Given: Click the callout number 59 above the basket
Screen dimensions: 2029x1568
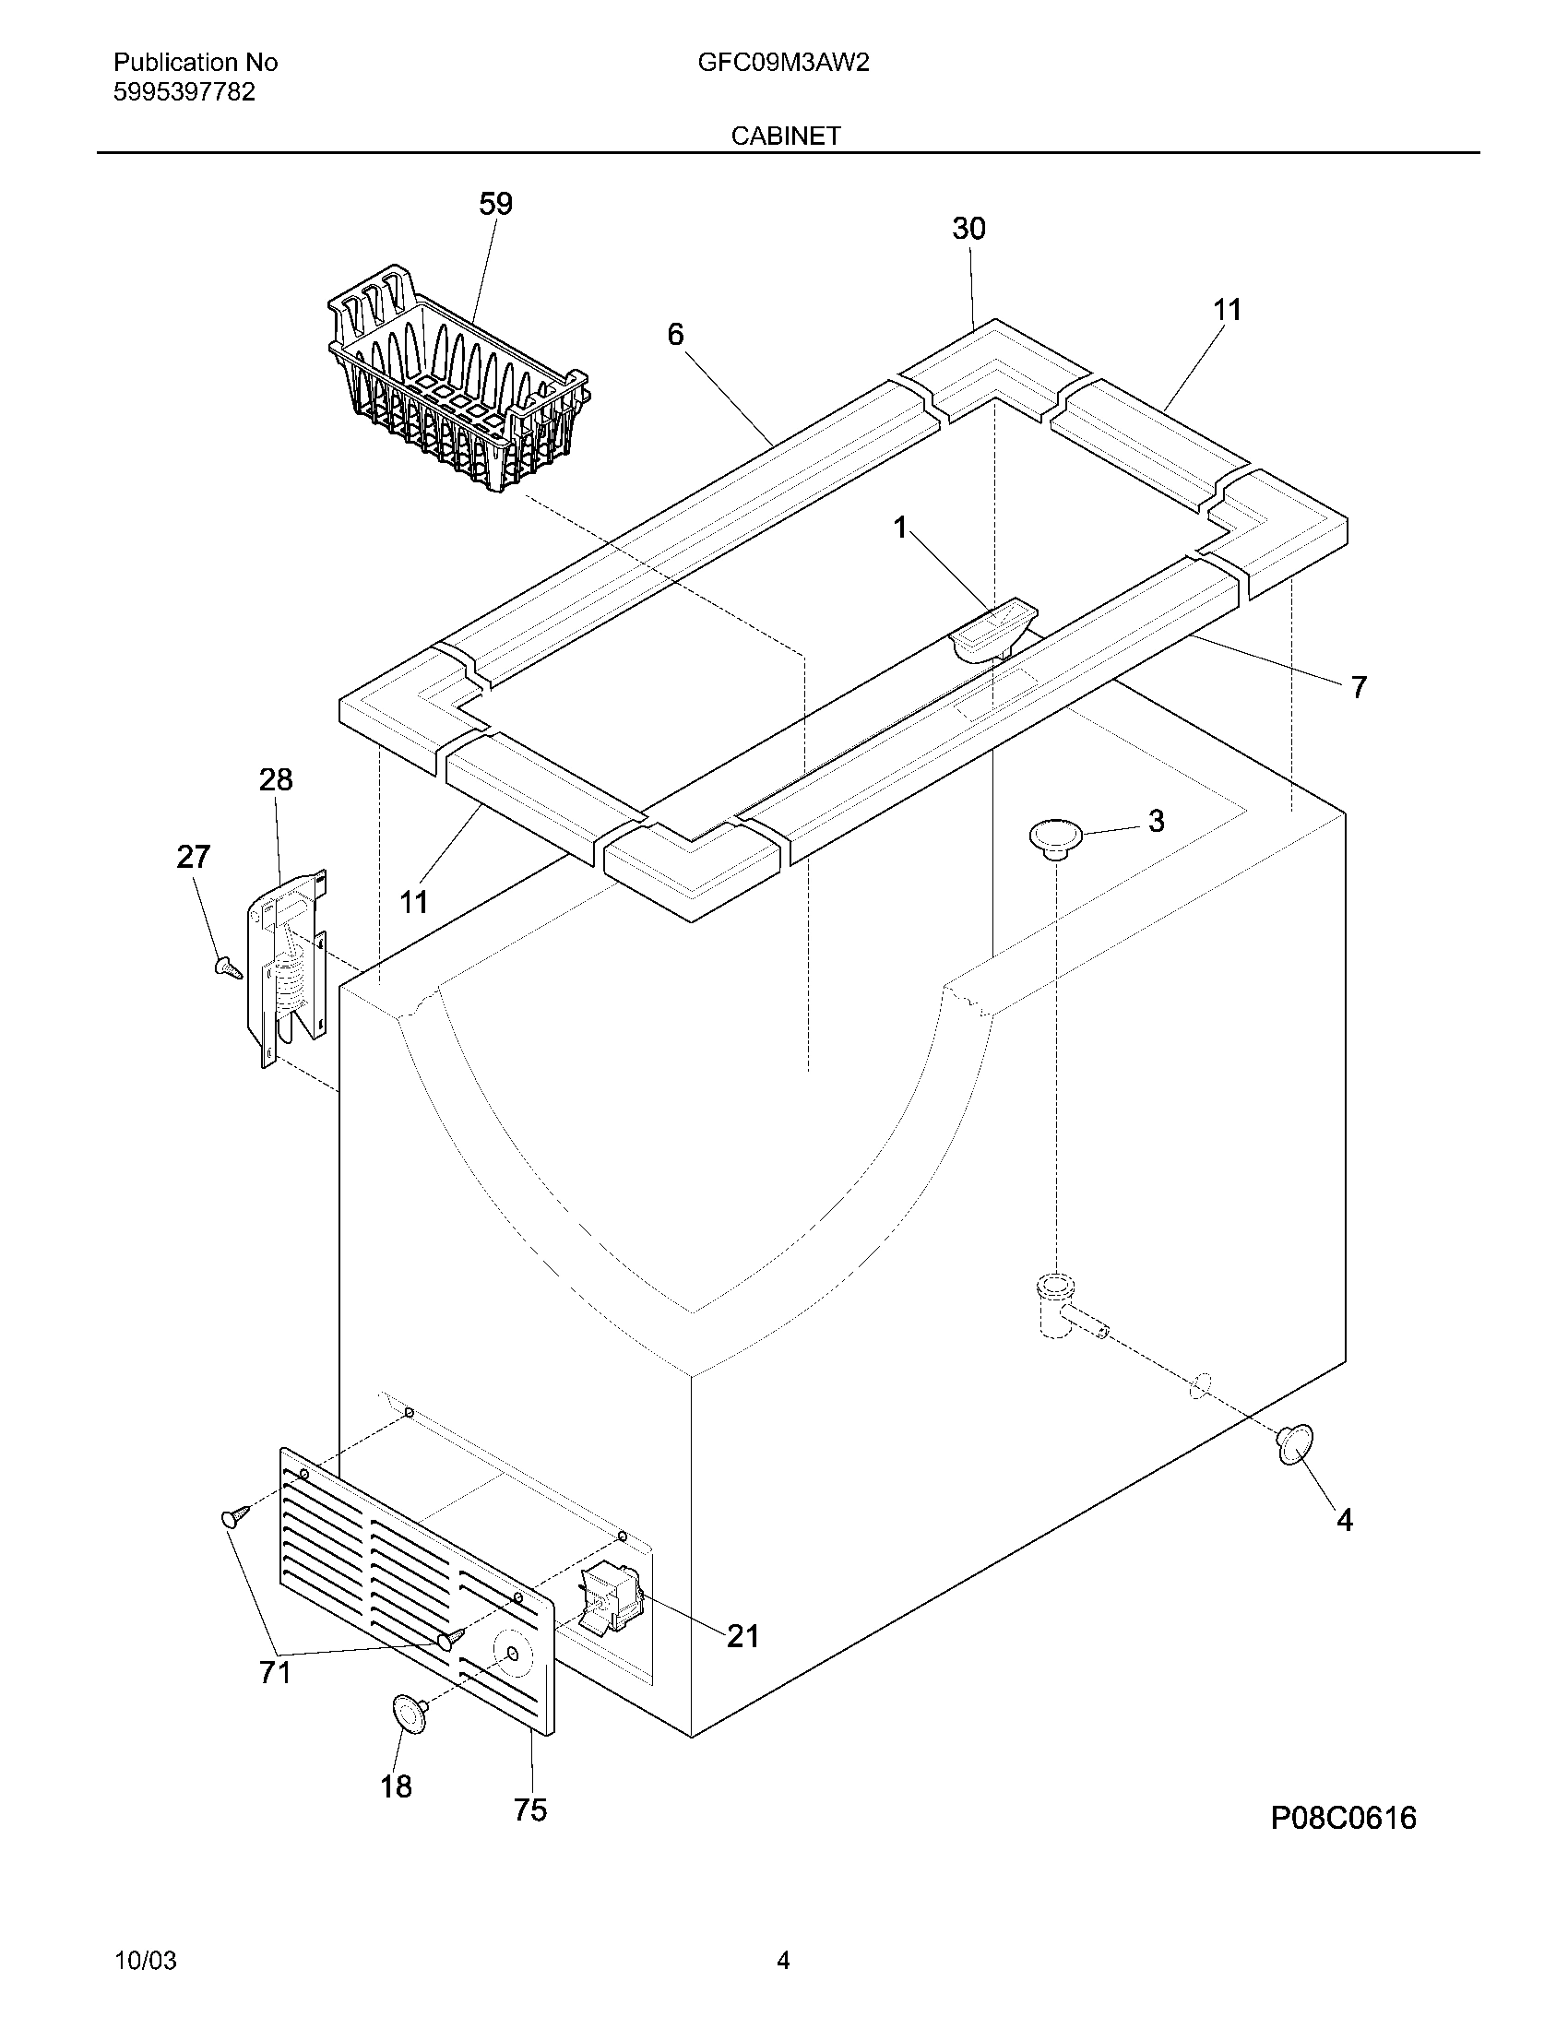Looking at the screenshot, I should click(495, 205).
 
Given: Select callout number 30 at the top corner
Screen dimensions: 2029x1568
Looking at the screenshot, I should click(968, 229).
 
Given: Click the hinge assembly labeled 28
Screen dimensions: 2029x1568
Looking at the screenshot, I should click(287, 967).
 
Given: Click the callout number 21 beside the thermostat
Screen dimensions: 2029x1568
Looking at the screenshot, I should click(742, 1636).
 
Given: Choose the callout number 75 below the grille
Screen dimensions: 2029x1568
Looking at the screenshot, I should click(530, 1809).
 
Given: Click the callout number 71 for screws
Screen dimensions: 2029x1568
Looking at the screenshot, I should click(275, 1672).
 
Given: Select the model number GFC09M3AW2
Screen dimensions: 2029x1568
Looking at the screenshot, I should click(783, 63).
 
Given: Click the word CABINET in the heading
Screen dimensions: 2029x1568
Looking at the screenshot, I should click(785, 136).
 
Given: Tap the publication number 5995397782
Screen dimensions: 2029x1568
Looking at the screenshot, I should click(184, 92).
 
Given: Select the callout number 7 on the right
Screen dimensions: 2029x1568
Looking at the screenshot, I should click(1358, 687).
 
